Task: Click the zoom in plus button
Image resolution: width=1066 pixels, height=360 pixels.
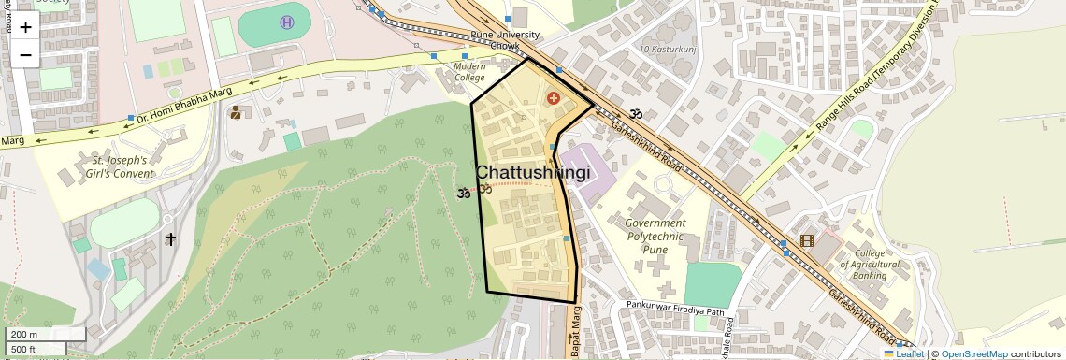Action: coord(25,27)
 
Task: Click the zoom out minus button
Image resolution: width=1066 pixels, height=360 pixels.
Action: coord(25,54)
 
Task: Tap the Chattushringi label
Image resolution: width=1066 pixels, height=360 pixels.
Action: coord(533,174)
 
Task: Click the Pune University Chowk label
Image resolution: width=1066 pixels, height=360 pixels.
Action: coord(505,40)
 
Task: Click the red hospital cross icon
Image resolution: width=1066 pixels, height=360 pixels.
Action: coord(554,97)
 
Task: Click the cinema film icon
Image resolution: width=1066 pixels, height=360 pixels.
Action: coord(807,240)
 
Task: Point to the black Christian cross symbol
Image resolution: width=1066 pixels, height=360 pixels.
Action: coord(170,239)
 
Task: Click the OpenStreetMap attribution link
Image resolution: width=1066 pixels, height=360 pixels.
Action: coord(973,353)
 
